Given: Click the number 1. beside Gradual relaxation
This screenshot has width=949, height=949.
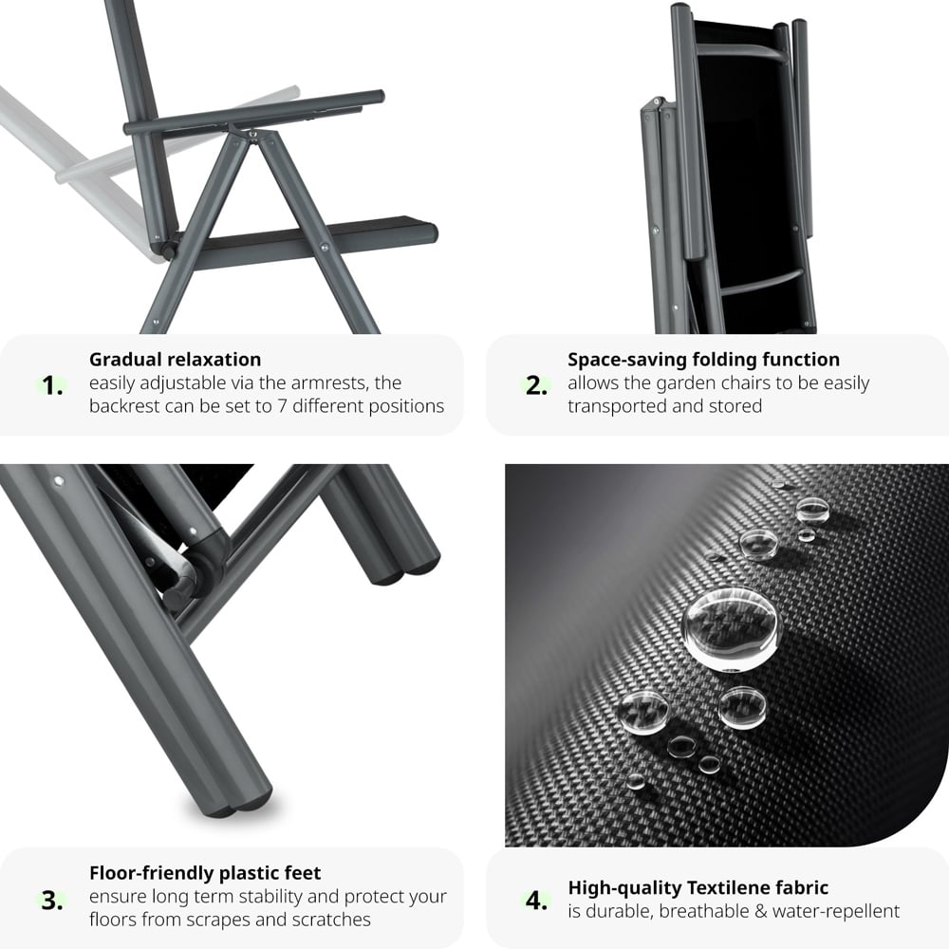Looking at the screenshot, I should pos(53,386).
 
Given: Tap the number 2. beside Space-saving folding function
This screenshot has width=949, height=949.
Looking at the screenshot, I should pos(537,386).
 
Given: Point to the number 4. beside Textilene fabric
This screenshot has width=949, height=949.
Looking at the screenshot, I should pos(537,901).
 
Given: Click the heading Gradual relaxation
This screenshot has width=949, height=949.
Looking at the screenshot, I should pos(175,360).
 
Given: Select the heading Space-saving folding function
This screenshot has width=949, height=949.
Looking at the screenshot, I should pos(703,360).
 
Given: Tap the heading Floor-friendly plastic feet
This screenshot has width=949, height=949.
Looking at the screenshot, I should pos(205,873).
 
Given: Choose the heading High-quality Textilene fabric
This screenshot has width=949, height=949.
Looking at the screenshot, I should pos(698,888).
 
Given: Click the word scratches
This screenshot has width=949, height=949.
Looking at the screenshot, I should pos(324,920).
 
